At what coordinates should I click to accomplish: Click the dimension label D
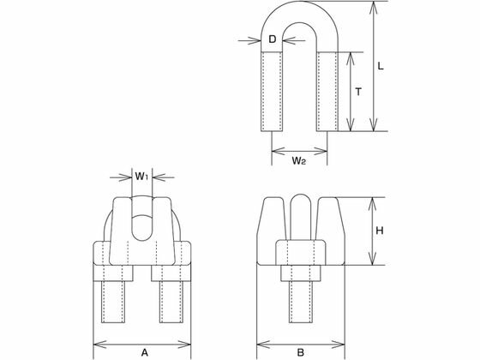273,39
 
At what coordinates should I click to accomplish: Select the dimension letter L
381,66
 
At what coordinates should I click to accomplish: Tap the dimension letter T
358,91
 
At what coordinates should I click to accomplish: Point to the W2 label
298,160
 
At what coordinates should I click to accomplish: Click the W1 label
141,177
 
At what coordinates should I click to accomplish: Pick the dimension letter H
380,231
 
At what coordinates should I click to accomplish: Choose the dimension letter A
145,352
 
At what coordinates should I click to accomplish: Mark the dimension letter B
301,352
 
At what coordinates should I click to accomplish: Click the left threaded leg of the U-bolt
272,92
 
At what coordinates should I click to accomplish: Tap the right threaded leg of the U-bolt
327,92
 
